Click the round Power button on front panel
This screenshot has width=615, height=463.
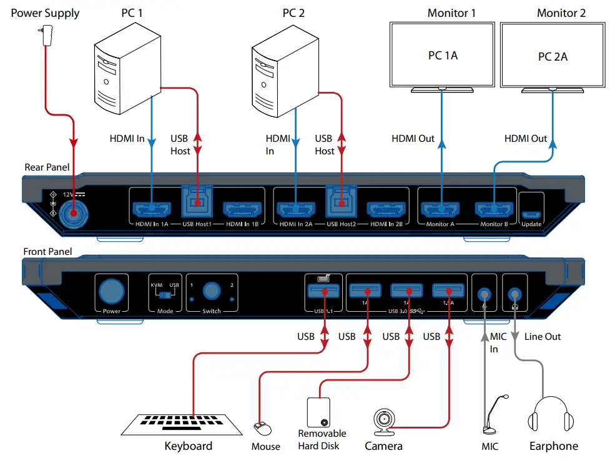pyautogui.click(x=112, y=291)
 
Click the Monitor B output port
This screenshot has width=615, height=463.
pyautogui.click(x=493, y=209)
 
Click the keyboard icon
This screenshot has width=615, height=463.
pyautogui.click(x=182, y=426)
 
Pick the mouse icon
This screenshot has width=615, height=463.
pyautogui.click(x=262, y=429)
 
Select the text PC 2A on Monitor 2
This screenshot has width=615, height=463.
pyautogui.click(x=553, y=57)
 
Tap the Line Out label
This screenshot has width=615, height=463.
pyautogui.click(x=542, y=337)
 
